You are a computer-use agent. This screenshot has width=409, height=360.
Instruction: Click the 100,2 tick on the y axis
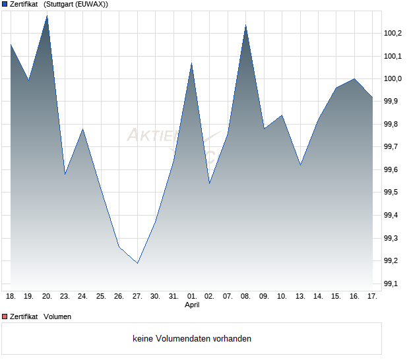coord(393,33)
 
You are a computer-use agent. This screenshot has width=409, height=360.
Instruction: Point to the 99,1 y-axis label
coord(393,284)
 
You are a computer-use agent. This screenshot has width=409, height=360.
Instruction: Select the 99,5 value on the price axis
coord(393,193)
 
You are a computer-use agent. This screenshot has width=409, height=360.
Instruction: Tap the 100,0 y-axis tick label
coord(393,78)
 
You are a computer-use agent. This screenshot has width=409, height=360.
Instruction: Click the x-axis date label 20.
coord(47,297)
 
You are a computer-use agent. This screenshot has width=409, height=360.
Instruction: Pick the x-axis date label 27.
coord(137,297)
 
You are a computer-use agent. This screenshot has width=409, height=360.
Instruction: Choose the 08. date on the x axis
coord(245,297)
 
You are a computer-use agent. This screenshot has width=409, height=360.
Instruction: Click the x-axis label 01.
coord(191,297)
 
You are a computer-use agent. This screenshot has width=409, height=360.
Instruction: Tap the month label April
coord(191,305)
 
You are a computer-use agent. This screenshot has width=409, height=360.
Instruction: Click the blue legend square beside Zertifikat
coord(5,5)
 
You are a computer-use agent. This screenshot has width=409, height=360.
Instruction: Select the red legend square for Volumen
coord(5,316)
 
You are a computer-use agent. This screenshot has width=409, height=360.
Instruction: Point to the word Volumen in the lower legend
coord(57,316)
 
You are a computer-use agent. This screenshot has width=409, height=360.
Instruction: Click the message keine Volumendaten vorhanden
coord(192,339)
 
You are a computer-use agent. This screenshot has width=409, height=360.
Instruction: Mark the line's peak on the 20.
coord(47,15)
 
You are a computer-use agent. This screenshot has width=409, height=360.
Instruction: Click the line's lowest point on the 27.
coord(137,263)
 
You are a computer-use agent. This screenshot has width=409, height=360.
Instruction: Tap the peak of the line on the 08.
coord(245,25)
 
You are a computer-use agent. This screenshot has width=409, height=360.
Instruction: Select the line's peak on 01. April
coord(191,63)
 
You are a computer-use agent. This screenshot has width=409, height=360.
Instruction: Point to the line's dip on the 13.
coord(300,165)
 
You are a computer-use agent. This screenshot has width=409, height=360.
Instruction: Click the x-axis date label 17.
coord(372,297)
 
